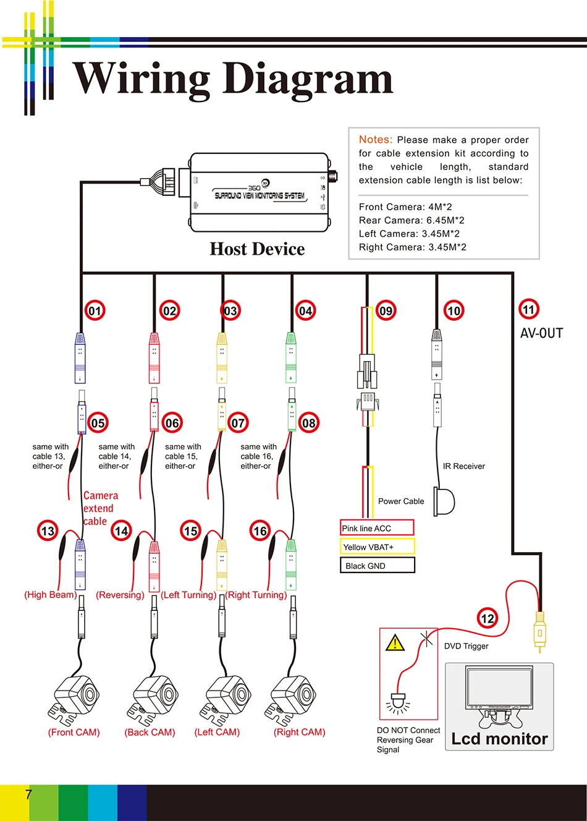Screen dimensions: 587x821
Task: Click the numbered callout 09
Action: pos(386,311)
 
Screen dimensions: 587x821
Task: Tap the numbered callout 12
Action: pos(488,618)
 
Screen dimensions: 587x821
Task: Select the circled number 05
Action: pos(98,423)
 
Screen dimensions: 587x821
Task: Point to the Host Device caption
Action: pos(257,249)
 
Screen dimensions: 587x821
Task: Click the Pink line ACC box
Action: pos(377,528)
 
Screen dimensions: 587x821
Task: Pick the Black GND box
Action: pos(378,566)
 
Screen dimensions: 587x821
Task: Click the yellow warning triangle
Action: pos(395,643)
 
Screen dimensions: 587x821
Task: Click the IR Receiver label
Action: pos(463,466)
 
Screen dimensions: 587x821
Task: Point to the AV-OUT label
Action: pos(541,333)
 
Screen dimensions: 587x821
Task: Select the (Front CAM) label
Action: pos(74,732)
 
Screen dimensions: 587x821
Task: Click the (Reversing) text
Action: pos(120,595)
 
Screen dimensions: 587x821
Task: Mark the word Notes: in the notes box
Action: pos(376,139)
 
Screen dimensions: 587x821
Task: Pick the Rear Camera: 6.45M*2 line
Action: pos(412,220)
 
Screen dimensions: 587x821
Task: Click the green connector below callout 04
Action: pos(291,357)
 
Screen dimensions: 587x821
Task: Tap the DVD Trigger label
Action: pos(466,646)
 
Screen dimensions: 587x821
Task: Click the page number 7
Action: pos(28,794)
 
